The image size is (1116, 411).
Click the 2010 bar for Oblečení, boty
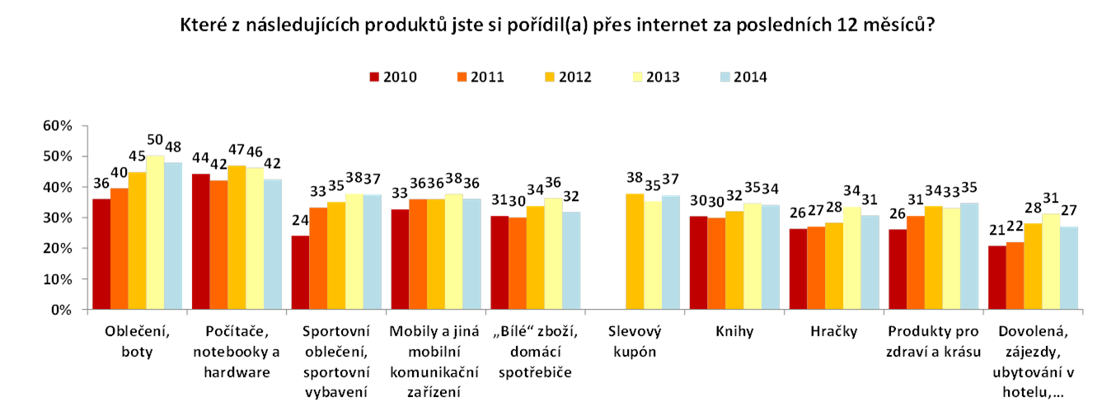click(x=101, y=255)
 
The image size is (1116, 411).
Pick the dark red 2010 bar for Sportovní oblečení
click(x=299, y=273)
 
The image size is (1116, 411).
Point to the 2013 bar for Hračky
click(x=851, y=259)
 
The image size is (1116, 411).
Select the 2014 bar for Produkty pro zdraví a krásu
click(x=968, y=257)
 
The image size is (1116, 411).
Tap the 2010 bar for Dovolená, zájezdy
click(x=996, y=278)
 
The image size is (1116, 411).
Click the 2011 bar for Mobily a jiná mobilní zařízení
click(x=417, y=255)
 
